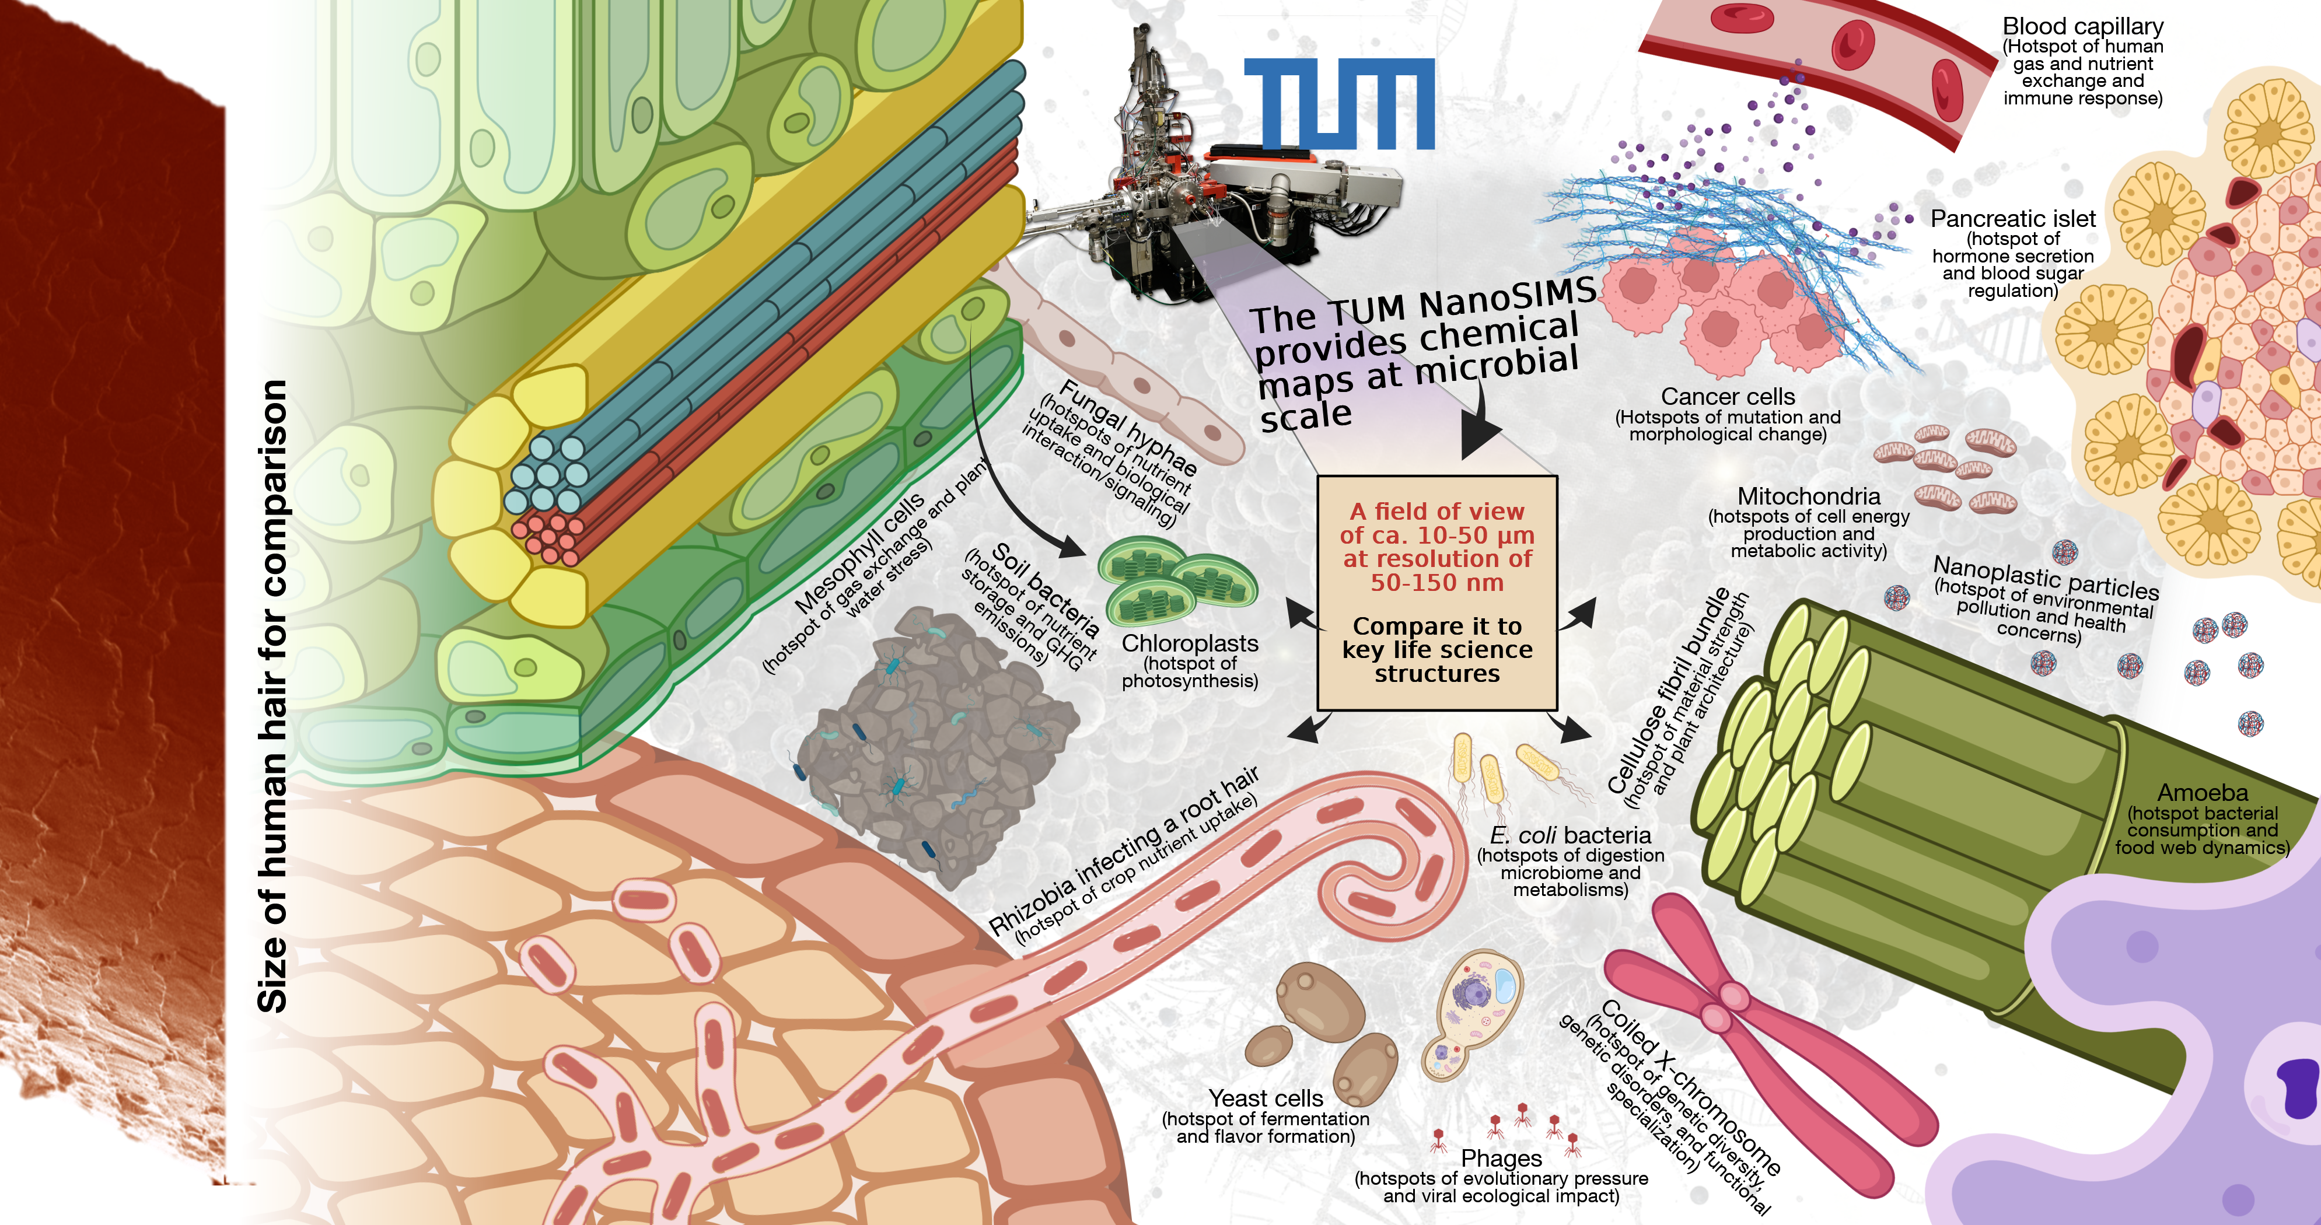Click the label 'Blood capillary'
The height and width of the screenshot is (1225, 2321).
coord(2082,26)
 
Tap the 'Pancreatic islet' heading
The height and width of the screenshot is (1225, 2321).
coord(2013,219)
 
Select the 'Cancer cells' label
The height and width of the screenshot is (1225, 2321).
coord(1727,396)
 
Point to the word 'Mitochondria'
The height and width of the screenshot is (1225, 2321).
coord(1808,496)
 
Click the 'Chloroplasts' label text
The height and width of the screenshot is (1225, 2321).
coord(1189,643)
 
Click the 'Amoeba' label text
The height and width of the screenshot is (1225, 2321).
coord(2202,793)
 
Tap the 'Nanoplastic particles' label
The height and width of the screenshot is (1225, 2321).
coord(2045,576)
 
